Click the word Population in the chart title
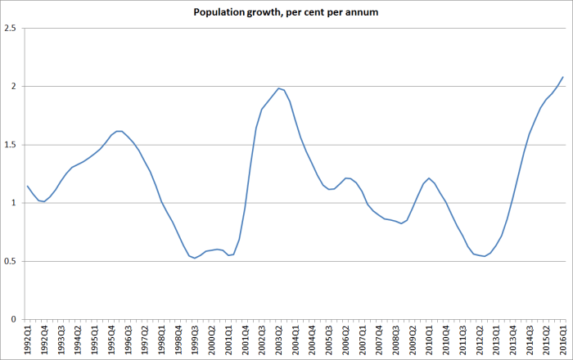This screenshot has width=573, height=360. [x=218, y=13]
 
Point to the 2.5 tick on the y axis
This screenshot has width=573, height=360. [x=10, y=29]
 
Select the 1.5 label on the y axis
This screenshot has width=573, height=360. [x=10, y=145]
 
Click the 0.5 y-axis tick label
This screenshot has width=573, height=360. [x=10, y=262]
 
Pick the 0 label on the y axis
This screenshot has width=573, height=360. [x=14, y=320]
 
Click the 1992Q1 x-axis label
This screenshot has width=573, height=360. [x=28, y=337]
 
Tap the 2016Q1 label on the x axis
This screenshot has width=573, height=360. [x=563, y=337]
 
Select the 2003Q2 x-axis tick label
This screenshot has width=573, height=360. [x=279, y=337]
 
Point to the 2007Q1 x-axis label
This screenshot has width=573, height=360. [x=363, y=337]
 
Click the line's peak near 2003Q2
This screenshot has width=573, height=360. [x=278, y=88]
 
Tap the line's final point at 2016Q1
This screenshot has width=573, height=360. [x=563, y=77]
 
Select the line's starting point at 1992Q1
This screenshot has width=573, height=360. [x=27, y=186]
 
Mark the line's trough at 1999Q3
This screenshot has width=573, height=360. [x=195, y=259]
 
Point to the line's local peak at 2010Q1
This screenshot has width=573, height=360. [x=428, y=178]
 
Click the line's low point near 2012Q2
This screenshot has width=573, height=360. [x=485, y=256]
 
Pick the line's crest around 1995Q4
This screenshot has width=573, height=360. [x=119, y=131]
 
